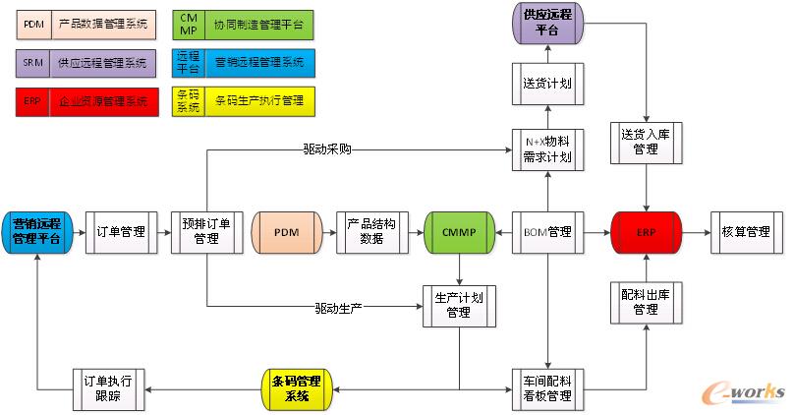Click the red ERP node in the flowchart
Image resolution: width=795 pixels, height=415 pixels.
coord(645,232)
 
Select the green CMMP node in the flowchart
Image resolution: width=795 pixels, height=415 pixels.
coord(459,232)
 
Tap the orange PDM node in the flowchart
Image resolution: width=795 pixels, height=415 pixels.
coord(287,232)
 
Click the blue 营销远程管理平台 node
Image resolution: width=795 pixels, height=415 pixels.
coord(36,232)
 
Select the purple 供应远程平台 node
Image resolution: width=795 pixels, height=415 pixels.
coord(547,23)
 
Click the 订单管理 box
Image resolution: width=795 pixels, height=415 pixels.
coord(121,232)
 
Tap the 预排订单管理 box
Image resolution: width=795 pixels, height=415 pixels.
coord(206,232)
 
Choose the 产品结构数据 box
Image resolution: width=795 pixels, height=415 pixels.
coord(371,232)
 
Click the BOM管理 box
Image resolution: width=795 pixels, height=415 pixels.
coord(547,232)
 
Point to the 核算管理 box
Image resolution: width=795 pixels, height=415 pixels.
coord(746,232)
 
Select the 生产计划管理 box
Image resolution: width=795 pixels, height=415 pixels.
coord(459,305)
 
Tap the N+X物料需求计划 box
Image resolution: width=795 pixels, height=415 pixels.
coord(547,149)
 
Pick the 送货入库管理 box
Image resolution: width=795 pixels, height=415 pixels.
coord(645,141)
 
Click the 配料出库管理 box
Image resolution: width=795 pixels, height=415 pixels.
coord(645,302)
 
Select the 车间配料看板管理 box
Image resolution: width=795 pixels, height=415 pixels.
coord(547,389)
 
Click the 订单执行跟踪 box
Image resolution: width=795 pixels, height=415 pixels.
coord(108,389)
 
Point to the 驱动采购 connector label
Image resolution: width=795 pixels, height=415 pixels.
coord(328,150)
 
